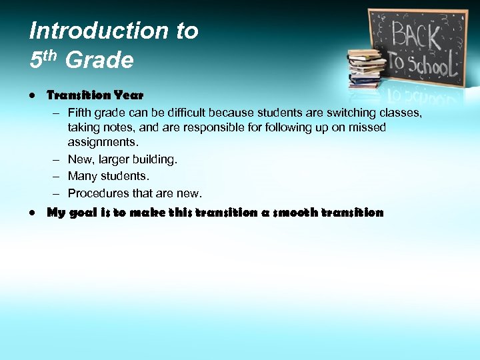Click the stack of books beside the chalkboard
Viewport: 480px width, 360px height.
tap(366, 69)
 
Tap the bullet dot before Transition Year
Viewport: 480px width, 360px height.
tap(33, 96)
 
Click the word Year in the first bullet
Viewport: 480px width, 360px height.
tap(128, 96)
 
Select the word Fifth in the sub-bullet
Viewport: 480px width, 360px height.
tap(81, 112)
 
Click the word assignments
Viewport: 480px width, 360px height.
tap(101, 142)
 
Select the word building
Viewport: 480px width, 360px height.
tap(156, 159)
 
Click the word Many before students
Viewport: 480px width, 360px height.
tap(82, 176)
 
